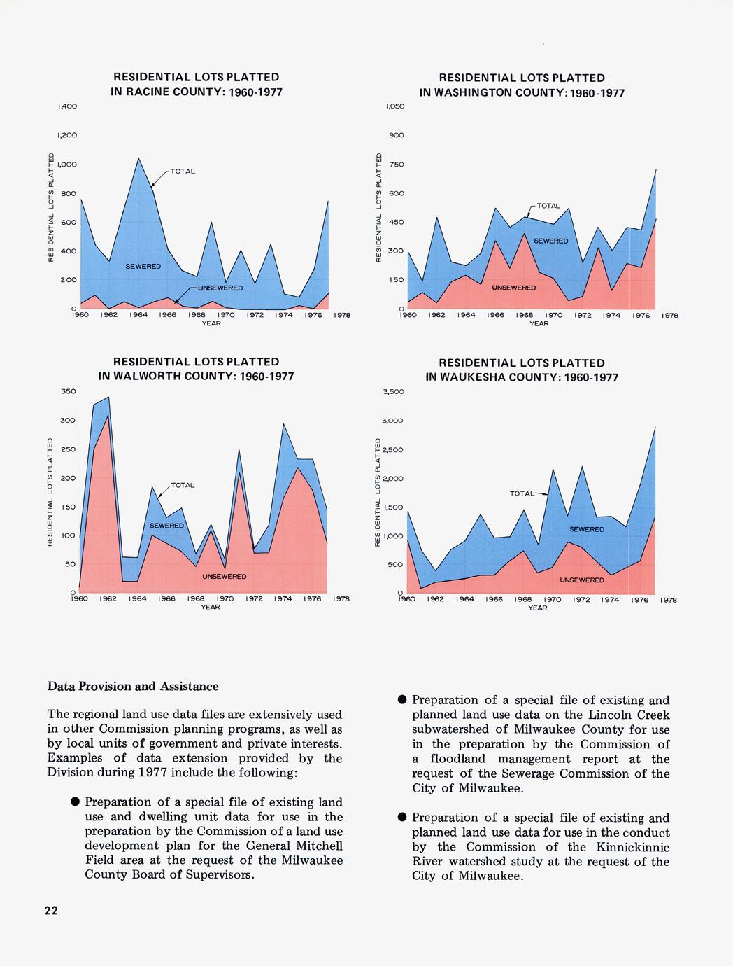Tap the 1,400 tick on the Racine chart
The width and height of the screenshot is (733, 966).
(67, 106)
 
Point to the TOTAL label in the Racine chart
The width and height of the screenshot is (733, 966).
(183, 171)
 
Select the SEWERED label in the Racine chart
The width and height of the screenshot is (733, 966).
(143, 267)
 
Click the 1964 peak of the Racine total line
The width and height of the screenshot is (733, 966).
(138, 159)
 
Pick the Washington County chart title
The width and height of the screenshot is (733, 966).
(521, 85)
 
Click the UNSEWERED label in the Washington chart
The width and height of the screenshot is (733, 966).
(514, 288)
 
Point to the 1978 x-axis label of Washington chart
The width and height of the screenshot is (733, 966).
(669, 316)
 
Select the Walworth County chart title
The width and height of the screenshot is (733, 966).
(196, 369)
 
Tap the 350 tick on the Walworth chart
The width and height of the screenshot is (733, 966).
(69, 391)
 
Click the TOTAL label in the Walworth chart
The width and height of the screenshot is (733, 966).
(183, 485)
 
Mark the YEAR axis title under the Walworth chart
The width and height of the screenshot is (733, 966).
(211, 607)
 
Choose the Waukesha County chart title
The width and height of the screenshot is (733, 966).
(522, 370)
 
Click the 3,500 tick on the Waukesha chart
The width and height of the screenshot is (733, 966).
(394, 392)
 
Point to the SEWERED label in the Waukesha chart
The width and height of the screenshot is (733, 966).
(586, 530)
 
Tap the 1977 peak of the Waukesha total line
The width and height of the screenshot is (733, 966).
(655, 426)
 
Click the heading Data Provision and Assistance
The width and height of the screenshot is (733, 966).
(133, 687)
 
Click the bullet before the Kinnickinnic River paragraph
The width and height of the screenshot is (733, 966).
(402, 818)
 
